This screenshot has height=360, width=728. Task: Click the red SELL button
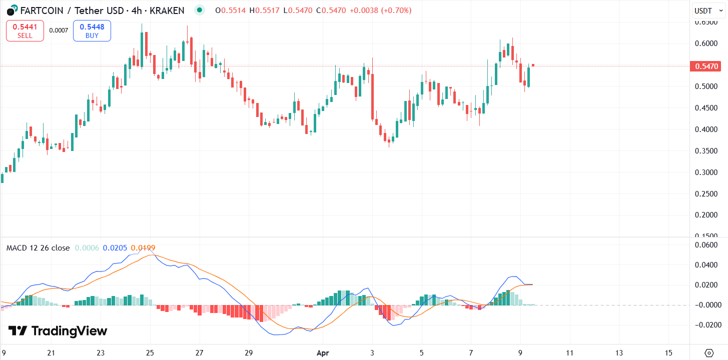click(25, 30)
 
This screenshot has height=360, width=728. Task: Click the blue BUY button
click(92, 30)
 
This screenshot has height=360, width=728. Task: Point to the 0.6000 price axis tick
click(707, 43)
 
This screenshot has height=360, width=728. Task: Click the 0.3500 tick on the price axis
click(707, 151)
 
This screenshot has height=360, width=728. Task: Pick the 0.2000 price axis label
click(707, 215)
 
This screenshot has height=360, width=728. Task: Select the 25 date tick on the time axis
click(150, 352)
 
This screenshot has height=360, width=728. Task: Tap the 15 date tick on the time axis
click(668, 352)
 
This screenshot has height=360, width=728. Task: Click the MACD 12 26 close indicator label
click(38, 248)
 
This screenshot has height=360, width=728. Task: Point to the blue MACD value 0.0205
click(115, 248)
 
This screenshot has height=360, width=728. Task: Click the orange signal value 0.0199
click(143, 248)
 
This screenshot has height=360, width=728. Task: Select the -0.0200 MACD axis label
click(706, 325)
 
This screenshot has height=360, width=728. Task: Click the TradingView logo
click(58, 331)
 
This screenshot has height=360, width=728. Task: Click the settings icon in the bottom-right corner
click(709, 352)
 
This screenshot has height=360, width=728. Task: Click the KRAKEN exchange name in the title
click(168, 10)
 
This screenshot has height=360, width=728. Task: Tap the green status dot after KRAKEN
click(200, 10)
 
